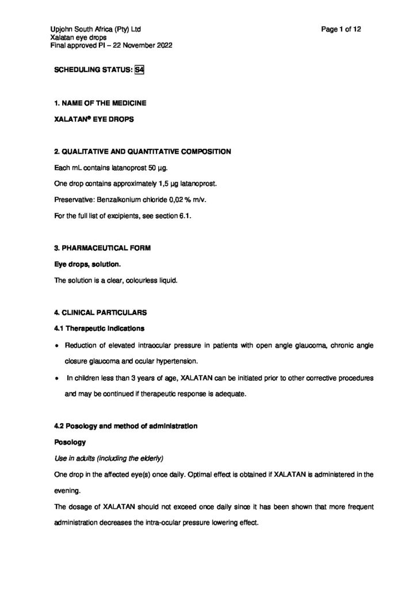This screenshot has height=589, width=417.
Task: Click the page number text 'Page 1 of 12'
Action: pos(342,29)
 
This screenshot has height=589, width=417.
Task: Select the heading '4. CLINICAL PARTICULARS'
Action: pos(100,313)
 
